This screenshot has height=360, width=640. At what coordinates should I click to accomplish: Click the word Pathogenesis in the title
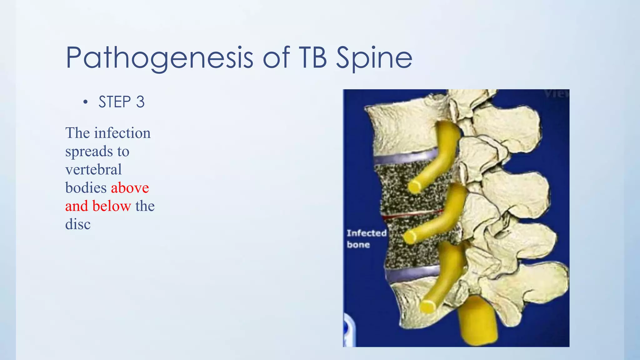[159, 58]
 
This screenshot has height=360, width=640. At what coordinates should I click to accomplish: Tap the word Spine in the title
[374, 58]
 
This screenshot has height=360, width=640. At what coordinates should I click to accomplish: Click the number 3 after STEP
[140, 102]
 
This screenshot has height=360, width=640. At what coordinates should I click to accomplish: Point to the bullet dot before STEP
[85, 102]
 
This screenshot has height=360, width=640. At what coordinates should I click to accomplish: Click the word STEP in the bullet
[115, 102]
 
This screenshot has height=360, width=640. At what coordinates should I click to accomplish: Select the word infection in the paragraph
[122, 133]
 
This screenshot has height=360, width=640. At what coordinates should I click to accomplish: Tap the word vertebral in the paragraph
[93, 170]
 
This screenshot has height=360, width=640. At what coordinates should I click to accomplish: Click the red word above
[130, 188]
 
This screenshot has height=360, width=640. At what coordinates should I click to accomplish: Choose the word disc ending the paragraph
[78, 224]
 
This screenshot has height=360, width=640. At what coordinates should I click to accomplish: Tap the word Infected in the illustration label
[367, 233]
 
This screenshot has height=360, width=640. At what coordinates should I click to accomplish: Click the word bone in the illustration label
[358, 244]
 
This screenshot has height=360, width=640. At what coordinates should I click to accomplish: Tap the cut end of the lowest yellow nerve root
[427, 306]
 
